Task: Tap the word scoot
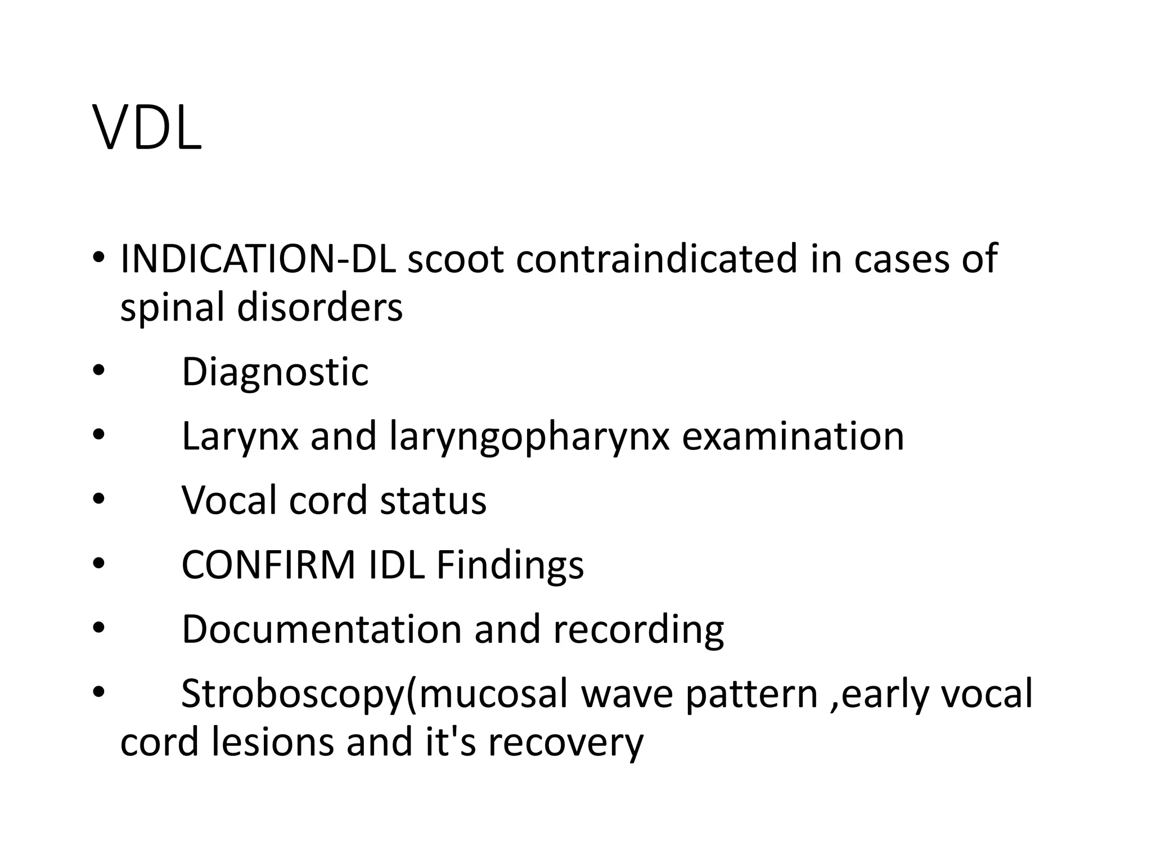pos(455,259)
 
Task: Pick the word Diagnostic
pos(275,372)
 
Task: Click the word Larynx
pos(240,436)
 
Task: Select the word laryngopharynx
pos(529,436)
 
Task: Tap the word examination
pos(793,436)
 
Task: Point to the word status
pos(433,500)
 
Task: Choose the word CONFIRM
pos(268,565)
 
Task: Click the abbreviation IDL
pos(396,565)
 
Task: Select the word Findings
pos(510,565)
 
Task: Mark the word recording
pos(638,629)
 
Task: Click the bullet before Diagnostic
pos(98,372)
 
